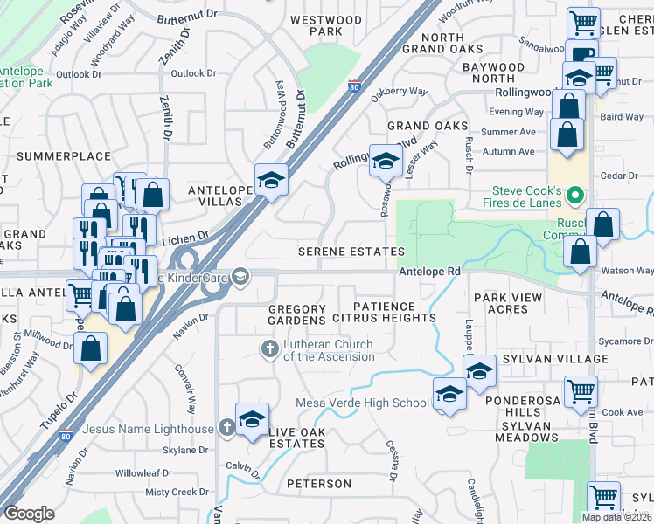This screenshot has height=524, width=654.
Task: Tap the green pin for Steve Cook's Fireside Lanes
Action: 575,195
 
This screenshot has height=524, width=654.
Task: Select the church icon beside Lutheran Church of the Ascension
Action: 270,349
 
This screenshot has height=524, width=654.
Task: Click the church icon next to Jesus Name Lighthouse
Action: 226,428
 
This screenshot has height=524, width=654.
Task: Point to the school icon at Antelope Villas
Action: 272,180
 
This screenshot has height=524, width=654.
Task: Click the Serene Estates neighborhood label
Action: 352,252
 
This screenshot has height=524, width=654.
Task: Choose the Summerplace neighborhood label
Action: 64,156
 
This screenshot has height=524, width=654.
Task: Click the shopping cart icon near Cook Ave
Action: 581,392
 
